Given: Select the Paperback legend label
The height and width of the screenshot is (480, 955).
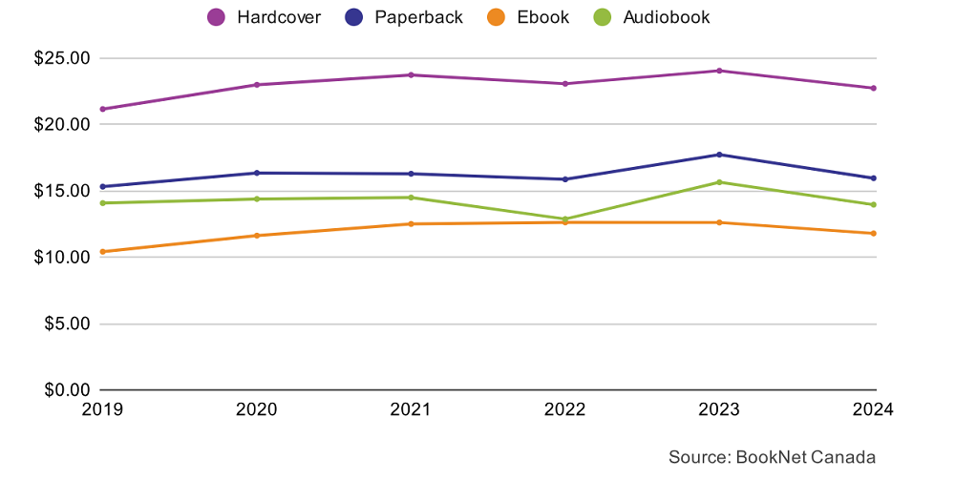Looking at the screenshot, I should [x=418, y=17].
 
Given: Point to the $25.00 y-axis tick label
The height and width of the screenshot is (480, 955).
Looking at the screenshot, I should [x=61, y=58].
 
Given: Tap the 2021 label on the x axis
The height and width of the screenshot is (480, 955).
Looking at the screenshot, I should [x=411, y=409].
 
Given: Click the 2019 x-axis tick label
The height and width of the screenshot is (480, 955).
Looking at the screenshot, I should [x=102, y=409].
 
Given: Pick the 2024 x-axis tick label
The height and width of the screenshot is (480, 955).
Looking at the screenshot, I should [x=873, y=409].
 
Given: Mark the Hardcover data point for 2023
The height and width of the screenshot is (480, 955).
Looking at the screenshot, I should [x=719, y=71].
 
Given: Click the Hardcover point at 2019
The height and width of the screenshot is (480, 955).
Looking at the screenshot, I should [x=102, y=109].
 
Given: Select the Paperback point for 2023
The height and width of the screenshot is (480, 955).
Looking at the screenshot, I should [x=719, y=155].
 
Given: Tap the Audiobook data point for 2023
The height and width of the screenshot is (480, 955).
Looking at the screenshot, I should [x=719, y=182].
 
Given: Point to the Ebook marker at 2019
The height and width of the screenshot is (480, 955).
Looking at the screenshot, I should [x=102, y=252].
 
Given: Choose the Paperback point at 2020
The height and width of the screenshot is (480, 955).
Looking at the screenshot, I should [x=256, y=173].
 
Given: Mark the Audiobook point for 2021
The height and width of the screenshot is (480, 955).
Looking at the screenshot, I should [x=411, y=198].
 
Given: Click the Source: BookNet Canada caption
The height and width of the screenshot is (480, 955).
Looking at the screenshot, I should [x=772, y=457].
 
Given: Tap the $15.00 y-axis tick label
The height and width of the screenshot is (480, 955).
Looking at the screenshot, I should [x=61, y=191].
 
